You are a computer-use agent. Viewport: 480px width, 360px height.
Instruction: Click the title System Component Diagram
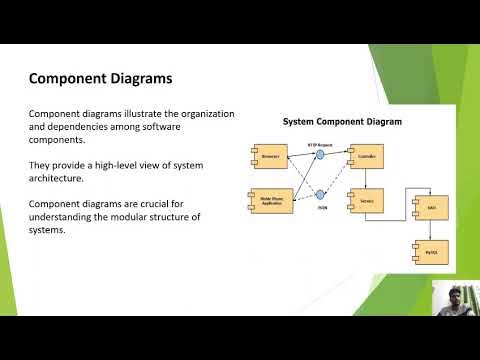tap(342, 122)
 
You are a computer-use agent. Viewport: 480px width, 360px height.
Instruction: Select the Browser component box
tap(271, 157)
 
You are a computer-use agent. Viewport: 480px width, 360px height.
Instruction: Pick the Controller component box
tap(362, 157)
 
